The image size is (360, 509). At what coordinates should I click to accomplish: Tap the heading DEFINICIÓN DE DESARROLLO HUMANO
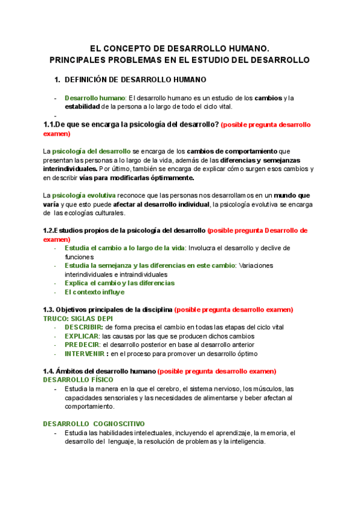(x=135, y=79)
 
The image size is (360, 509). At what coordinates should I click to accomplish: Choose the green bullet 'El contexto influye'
(x=94, y=292)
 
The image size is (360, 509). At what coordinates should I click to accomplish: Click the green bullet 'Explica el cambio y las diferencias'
(x=119, y=283)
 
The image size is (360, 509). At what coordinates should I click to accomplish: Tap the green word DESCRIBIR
(x=83, y=327)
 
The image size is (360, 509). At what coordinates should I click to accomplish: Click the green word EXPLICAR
(x=82, y=336)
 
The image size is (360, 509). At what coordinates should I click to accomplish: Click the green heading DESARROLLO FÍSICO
(x=77, y=380)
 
